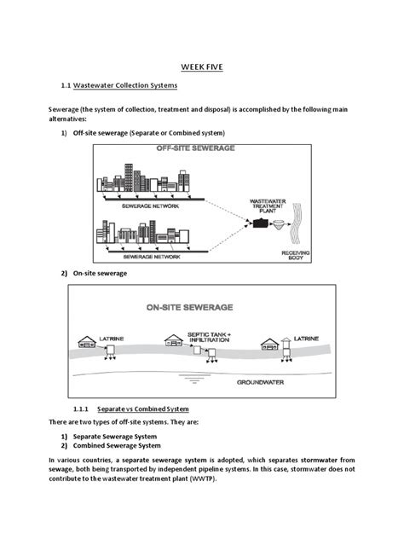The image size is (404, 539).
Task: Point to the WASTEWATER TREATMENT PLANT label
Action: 268,206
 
